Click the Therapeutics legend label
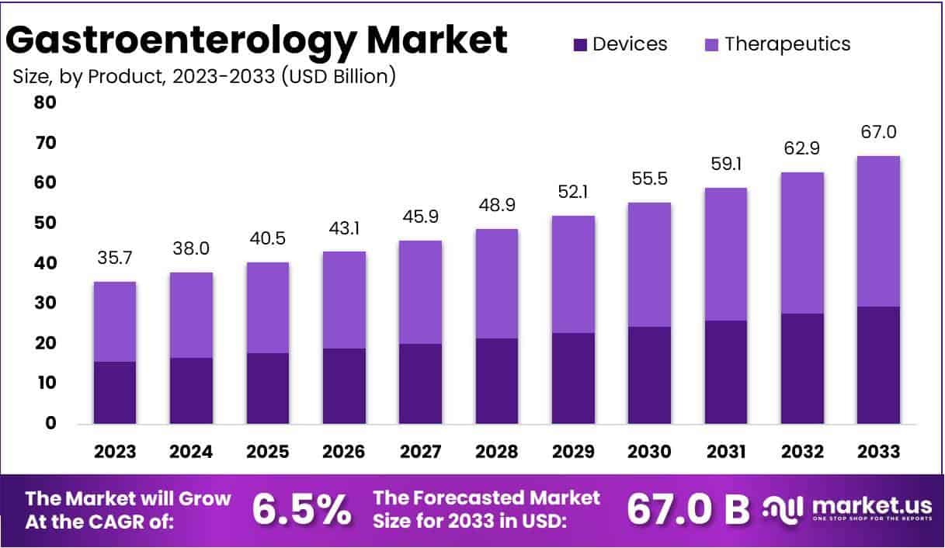tap(787, 44)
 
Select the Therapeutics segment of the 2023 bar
tap(115, 321)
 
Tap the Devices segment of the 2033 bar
tap(878, 365)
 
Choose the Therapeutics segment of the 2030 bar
tap(649, 265)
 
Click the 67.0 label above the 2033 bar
tap(878, 133)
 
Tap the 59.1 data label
tap(725, 165)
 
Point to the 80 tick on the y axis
tap(45, 102)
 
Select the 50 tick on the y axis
tap(45, 223)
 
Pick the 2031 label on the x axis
tap(725, 452)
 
